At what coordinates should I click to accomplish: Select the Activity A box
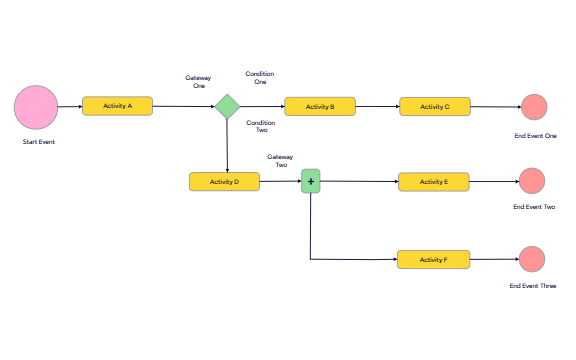117,106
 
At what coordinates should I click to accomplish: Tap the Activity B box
320,106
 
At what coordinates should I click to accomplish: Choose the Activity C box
434,106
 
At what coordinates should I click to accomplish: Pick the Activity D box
224,181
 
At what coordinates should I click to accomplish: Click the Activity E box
433,181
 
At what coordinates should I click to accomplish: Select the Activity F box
433,259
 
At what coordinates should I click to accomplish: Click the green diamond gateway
228,106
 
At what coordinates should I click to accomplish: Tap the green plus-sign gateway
311,182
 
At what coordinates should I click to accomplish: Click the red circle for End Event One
535,107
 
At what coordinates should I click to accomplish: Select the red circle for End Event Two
532,181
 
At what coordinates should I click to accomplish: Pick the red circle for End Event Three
532,259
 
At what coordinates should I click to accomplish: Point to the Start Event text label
38,143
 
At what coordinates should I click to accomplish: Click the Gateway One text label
198,82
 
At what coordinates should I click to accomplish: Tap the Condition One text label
260,78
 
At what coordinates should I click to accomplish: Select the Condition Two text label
260,127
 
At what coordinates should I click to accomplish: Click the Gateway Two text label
281,160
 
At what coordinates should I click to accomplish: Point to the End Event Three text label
532,286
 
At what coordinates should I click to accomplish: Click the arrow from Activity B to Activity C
378,106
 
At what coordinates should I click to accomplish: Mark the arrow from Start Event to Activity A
70,106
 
